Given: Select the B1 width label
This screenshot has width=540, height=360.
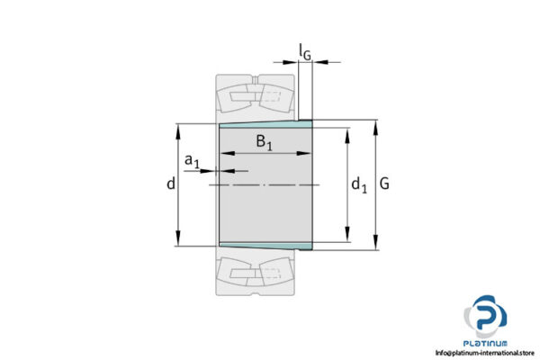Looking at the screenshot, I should coord(264,141).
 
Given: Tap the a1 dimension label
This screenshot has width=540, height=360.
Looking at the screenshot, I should coord(192,161).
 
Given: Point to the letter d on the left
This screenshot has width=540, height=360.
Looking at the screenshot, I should coord(170,184).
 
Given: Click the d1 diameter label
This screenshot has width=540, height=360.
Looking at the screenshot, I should coord(358,185).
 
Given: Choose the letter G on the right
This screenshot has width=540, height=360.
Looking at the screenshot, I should coord(385,184).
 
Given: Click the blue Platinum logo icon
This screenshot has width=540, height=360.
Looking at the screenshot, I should coord(486,319).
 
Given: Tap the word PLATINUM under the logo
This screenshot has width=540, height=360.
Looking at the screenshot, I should coord(486,343).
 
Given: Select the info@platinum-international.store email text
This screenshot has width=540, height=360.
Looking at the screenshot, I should coord(486,353).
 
